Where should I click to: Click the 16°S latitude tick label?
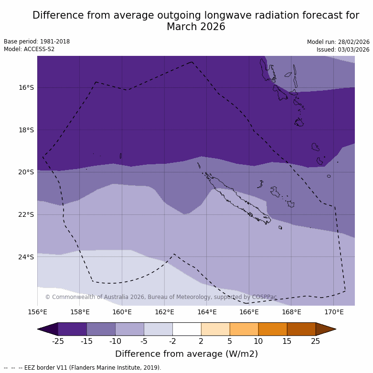pos(26,87)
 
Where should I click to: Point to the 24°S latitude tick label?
pos(26,257)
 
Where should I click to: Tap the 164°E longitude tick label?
pos(207,312)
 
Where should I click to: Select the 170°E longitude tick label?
pos(334,312)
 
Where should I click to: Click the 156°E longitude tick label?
pos(37,312)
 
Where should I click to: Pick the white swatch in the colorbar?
pos(187,329)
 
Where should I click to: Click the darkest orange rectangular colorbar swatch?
pos(301,329)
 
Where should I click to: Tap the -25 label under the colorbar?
pos(58,341)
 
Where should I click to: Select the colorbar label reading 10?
pos(258,341)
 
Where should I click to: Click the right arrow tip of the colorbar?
pos(335,329)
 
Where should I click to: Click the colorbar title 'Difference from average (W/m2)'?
pos(186,354)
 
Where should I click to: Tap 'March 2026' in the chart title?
pos(196,27)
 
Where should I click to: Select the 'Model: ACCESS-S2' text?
pos(29,49)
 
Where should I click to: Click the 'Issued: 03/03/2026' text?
pos(343,50)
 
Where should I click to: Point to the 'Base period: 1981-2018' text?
pos(37,42)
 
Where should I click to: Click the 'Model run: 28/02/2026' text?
pos(338,42)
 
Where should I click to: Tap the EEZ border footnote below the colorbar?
pos(83,368)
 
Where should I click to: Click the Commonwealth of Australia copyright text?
pos(161,297)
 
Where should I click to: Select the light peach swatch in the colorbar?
pos(215,329)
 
